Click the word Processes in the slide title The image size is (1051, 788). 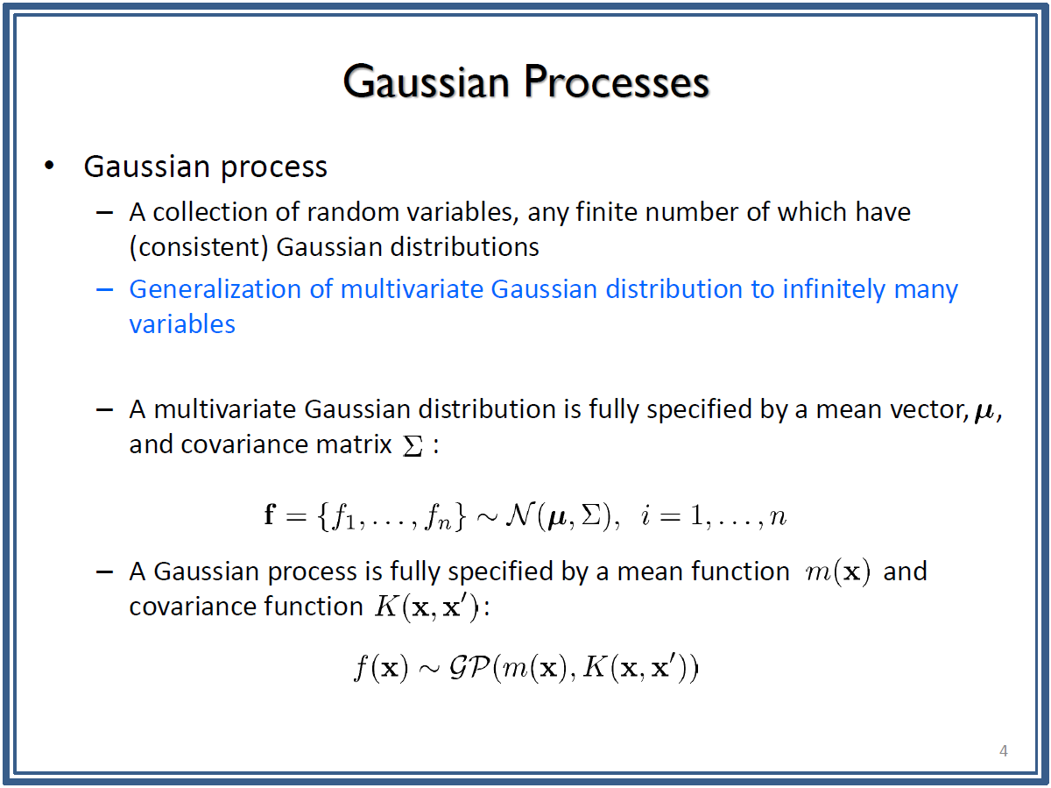pos(616,82)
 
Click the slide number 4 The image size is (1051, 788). pos(1004,750)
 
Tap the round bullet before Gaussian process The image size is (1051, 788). pos(49,166)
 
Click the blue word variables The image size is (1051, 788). pos(182,324)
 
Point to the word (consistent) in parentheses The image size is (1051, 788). pos(199,248)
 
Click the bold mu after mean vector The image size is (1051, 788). pos(984,412)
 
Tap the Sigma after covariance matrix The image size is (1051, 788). pos(413,445)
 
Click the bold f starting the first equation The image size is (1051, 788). pos(271,515)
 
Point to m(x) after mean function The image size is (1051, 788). pos(837,572)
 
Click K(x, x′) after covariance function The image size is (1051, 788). pos(427,607)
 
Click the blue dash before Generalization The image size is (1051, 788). pos(104,289)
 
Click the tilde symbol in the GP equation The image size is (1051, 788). pos(428,669)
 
